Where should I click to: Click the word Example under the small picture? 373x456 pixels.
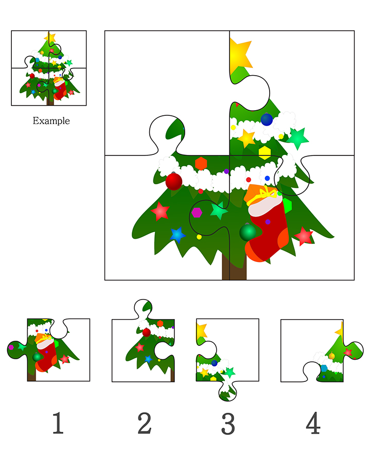pos(51,120)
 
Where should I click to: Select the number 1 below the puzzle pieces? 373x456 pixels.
pos(58,423)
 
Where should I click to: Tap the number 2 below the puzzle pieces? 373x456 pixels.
pos(144,423)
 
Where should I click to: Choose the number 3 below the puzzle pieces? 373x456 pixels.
pos(228,424)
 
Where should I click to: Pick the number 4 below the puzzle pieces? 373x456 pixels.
pos(313,423)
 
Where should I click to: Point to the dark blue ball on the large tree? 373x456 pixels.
pos(267,119)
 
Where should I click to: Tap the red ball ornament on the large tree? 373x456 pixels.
pos(173,182)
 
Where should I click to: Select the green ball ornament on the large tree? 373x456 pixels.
pos(247,233)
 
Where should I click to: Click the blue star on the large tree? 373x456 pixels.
pos(177,235)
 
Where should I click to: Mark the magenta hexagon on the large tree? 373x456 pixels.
pos(197,213)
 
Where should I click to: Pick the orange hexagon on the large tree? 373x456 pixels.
pos(201,164)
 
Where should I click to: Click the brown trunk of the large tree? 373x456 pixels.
pos(234,268)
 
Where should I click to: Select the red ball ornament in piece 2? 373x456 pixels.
pos(147,332)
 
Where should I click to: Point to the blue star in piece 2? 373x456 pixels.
pos(148,359)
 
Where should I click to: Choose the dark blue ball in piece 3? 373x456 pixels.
pos(214,363)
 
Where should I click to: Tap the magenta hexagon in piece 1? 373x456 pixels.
pos(11,347)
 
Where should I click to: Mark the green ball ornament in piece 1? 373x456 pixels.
pos(37,357)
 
